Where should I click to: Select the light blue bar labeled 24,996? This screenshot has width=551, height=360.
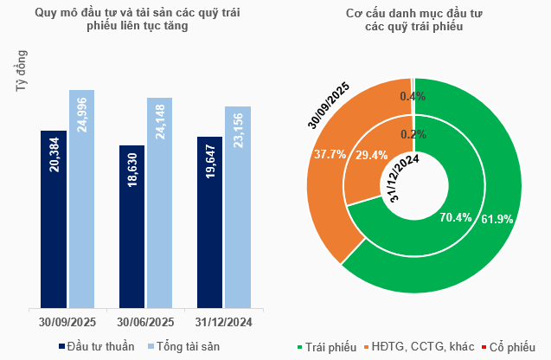click(x=82, y=198)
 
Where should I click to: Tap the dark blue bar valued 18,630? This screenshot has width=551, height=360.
click(x=131, y=226)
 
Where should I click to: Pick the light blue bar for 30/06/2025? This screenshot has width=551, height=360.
click(x=160, y=202)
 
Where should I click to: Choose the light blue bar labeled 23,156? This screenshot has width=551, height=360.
click(x=238, y=207)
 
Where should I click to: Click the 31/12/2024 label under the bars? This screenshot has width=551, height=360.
click(x=223, y=323)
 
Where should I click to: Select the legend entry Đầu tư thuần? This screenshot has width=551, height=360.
click(x=97, y=347)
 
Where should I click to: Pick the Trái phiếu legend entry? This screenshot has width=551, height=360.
click(x=327, y=347)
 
